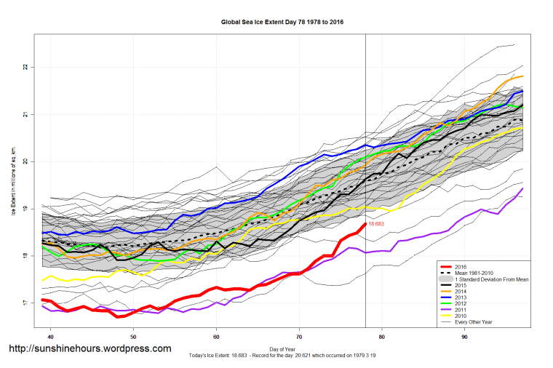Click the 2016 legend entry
(x=461, y=267)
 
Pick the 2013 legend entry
(x=461, y=298)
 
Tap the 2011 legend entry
(x=461, y=311)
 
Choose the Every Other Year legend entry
(x=474, y=323)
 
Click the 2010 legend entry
(x=461, y=317)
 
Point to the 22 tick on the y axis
(x=25, y=67)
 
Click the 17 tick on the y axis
(x=25, y=303)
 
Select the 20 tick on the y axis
(x=25, y=161)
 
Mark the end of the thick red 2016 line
(x=365, y=224)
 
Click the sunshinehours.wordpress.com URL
(x=89, y=348)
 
